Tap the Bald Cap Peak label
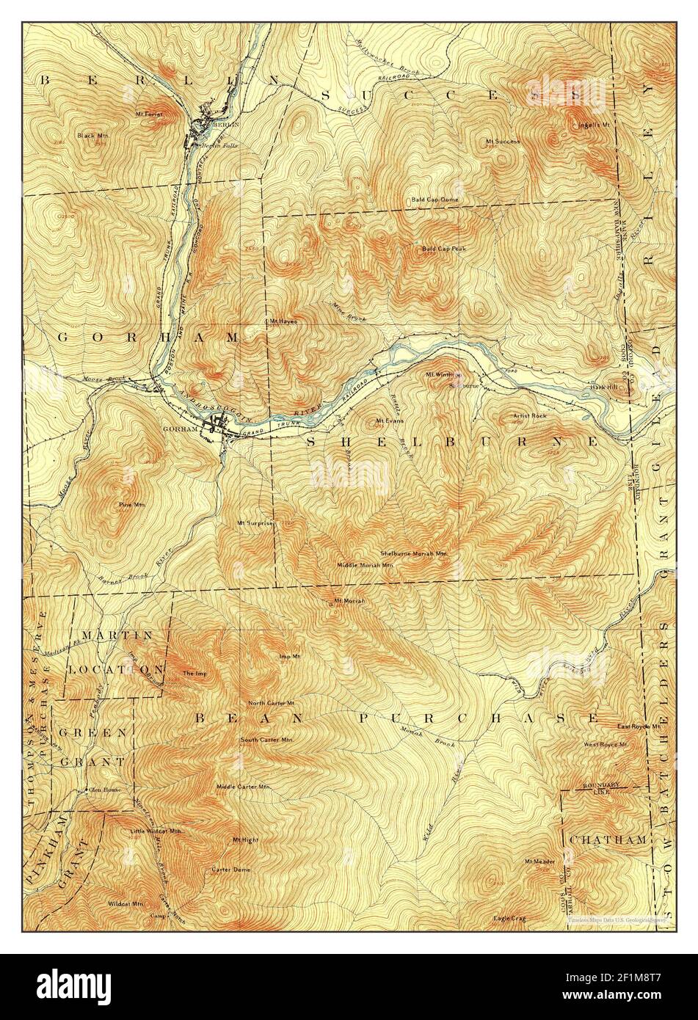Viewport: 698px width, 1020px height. coord(443,249)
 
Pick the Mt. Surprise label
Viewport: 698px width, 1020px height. coord(255,523)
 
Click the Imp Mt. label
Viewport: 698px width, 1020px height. coord(290,656)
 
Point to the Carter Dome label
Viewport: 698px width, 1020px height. coord(230,870)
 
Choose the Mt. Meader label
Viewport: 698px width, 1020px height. coord(539,861)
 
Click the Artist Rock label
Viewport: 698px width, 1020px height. coord(528,416)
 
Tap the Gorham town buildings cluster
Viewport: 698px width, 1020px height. coord(222,426)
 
